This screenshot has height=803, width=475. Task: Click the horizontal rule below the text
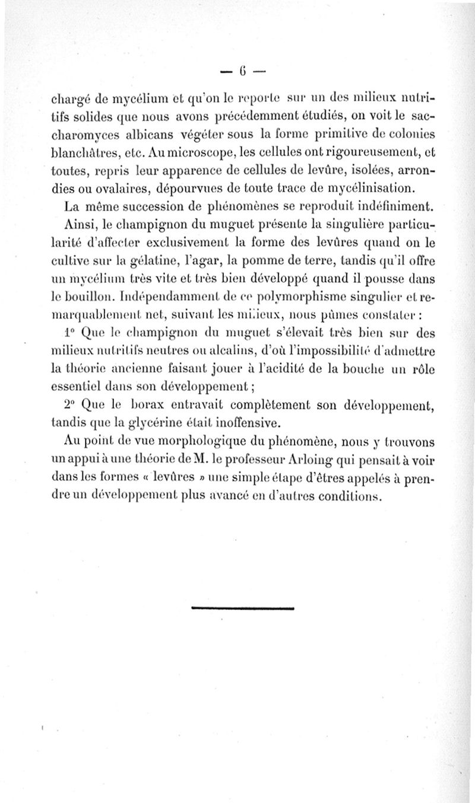coord(243,608)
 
